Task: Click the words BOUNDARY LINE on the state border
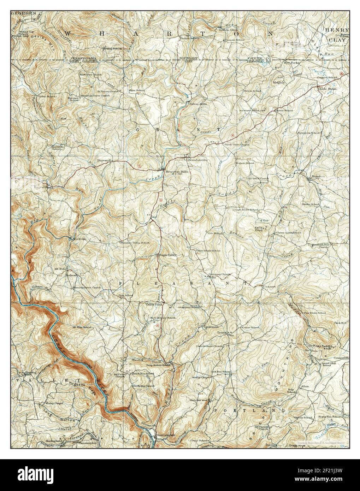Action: [188, 59]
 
